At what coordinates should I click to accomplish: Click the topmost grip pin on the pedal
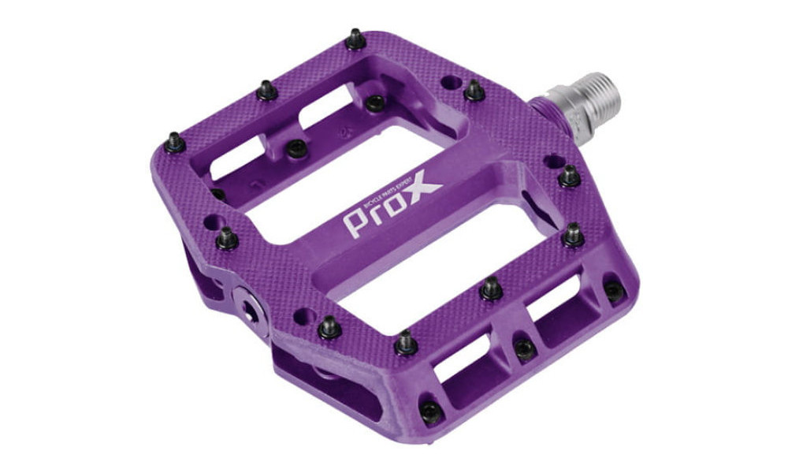(x=355, y=39)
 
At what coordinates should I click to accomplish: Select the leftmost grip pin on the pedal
(x=174, y=143)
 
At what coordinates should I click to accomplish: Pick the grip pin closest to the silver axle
(x=474, y=91)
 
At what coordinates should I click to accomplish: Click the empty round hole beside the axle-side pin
(x=450, y=81)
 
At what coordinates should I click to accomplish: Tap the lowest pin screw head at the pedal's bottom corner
(x=430, y=411)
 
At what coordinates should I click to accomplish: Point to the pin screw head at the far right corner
(x=613, y=291)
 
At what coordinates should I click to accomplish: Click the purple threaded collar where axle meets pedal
(x=544, y=110)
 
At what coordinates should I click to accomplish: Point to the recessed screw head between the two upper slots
(x=296, y=148)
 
